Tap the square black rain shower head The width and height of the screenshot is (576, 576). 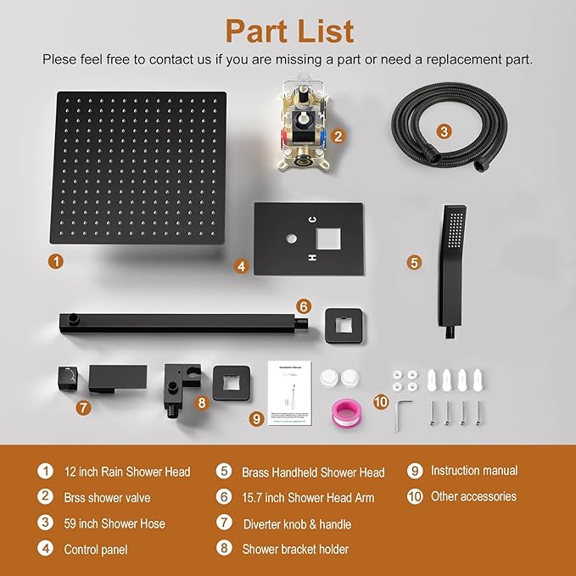(x=142, y=166)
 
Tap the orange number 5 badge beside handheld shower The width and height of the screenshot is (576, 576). (x=414, y=262)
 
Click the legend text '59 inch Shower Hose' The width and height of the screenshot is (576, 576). (x=115, y=523)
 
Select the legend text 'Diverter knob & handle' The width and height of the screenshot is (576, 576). (x=297, y=524)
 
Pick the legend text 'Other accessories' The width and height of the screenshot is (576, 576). (x=474, y=496)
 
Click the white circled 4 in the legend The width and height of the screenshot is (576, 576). (x=44, y=549)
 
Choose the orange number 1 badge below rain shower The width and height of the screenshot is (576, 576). (x=55, y=261)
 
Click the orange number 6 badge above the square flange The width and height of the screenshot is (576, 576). (x=303, y=306)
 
